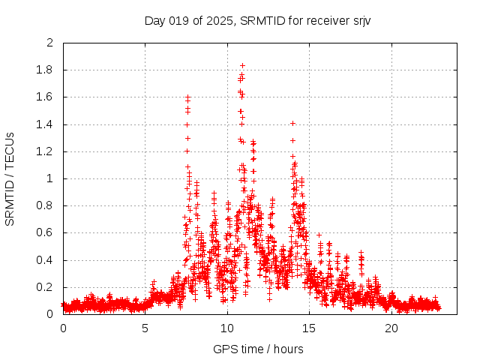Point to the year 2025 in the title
(x=220, y=20)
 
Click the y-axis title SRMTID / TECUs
(x=10, y=178)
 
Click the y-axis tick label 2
(x=50, y=43)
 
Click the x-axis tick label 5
(x=145, y=328)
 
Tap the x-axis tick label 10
(x=227, y=328)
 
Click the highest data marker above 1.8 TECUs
(x=242, y=65)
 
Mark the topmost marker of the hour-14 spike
(x=292, y=123)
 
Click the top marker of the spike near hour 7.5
(x=187, y=97)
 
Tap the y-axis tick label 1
(x=50, y=178)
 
